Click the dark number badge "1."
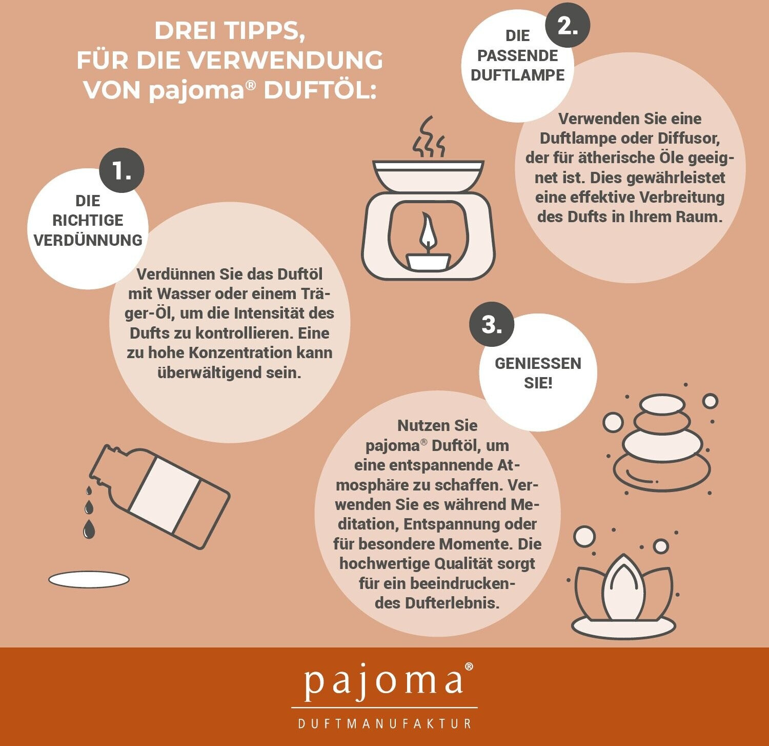[122, 170]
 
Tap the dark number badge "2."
[567, 25]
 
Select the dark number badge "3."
[492, 324]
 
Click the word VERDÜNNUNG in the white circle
[88, 240]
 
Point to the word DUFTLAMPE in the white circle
[517, 75]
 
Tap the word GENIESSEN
[538, 363]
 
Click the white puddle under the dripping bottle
[89, 580]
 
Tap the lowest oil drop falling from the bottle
[89, 529]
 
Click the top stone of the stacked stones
[662, 404]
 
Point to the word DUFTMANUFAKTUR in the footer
[385, 723]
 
